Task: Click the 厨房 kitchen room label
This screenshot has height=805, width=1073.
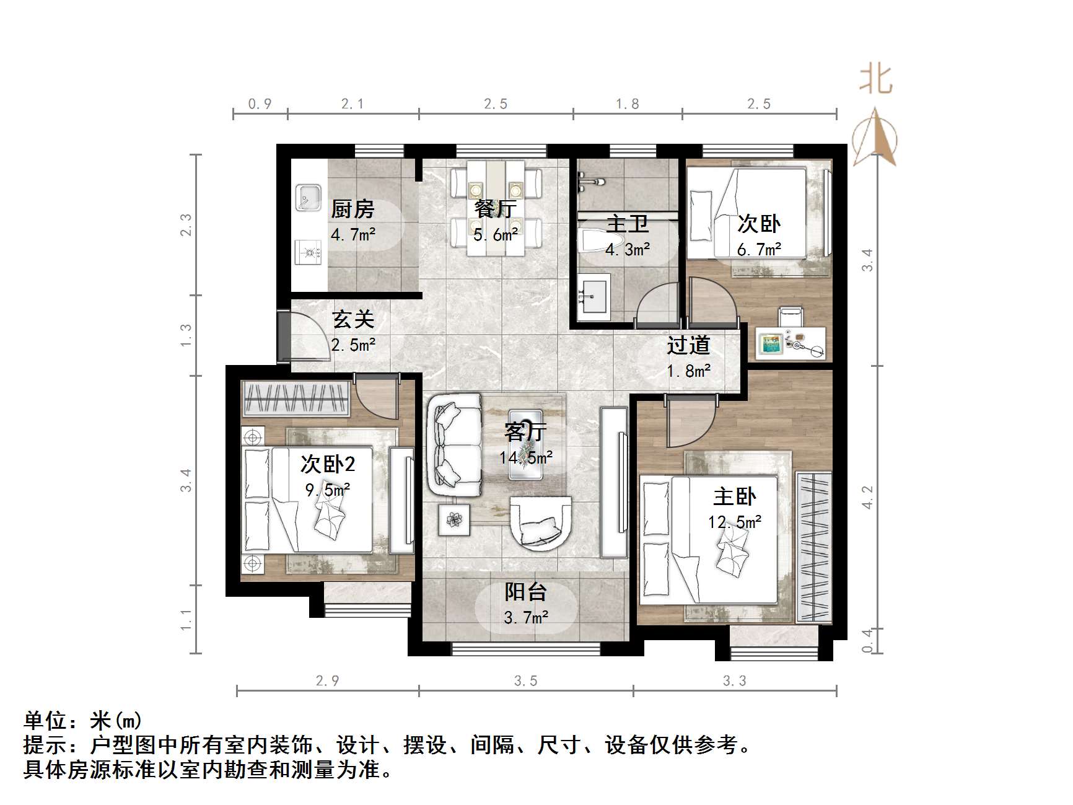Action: (353, 209)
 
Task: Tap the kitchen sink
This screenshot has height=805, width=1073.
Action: (308, 197)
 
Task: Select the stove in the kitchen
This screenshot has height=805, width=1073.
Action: (309, 252)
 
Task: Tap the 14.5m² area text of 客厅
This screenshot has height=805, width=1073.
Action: (526, 457)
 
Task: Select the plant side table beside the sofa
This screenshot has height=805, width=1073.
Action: (455, 519)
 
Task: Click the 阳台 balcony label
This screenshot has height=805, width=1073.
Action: (525, 592)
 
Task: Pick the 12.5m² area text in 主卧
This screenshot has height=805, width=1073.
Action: (735, 522)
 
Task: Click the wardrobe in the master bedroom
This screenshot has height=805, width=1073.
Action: (813, 547)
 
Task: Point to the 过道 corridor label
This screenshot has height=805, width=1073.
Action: (688, 345)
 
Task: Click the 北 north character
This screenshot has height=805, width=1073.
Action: (875, 79)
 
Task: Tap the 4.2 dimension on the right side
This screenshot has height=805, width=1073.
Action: (867, 498)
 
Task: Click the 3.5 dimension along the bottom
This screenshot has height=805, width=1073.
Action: (525, 681)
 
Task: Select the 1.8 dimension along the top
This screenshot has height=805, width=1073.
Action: (627, 104)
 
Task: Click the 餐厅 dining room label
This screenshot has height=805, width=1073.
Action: (495, 209)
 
